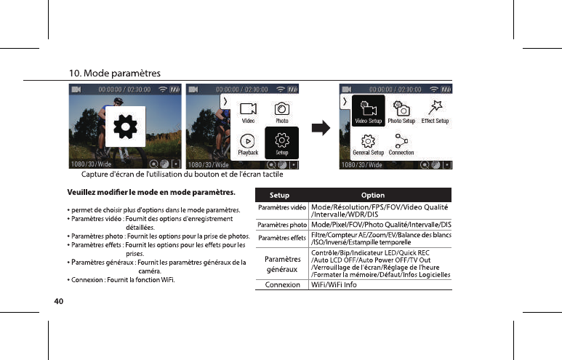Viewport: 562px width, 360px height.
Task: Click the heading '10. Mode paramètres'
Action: tap(114, 73)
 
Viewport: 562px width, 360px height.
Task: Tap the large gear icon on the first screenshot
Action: tap(126, 125)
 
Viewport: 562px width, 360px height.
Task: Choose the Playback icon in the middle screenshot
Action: tap(248, 143)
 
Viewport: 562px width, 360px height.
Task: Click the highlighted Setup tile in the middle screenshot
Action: tap(281, 142)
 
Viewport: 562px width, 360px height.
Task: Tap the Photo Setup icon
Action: tap(401, 111)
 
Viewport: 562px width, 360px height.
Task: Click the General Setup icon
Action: tap(368, 143)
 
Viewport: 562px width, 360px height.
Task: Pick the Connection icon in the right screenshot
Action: tap(401, 143)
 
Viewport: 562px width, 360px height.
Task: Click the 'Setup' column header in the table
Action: tap(280, 195)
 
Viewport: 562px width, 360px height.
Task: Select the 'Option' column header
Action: tap(373, 195)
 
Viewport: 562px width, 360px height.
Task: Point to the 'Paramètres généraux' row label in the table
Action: tap(282, 264)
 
